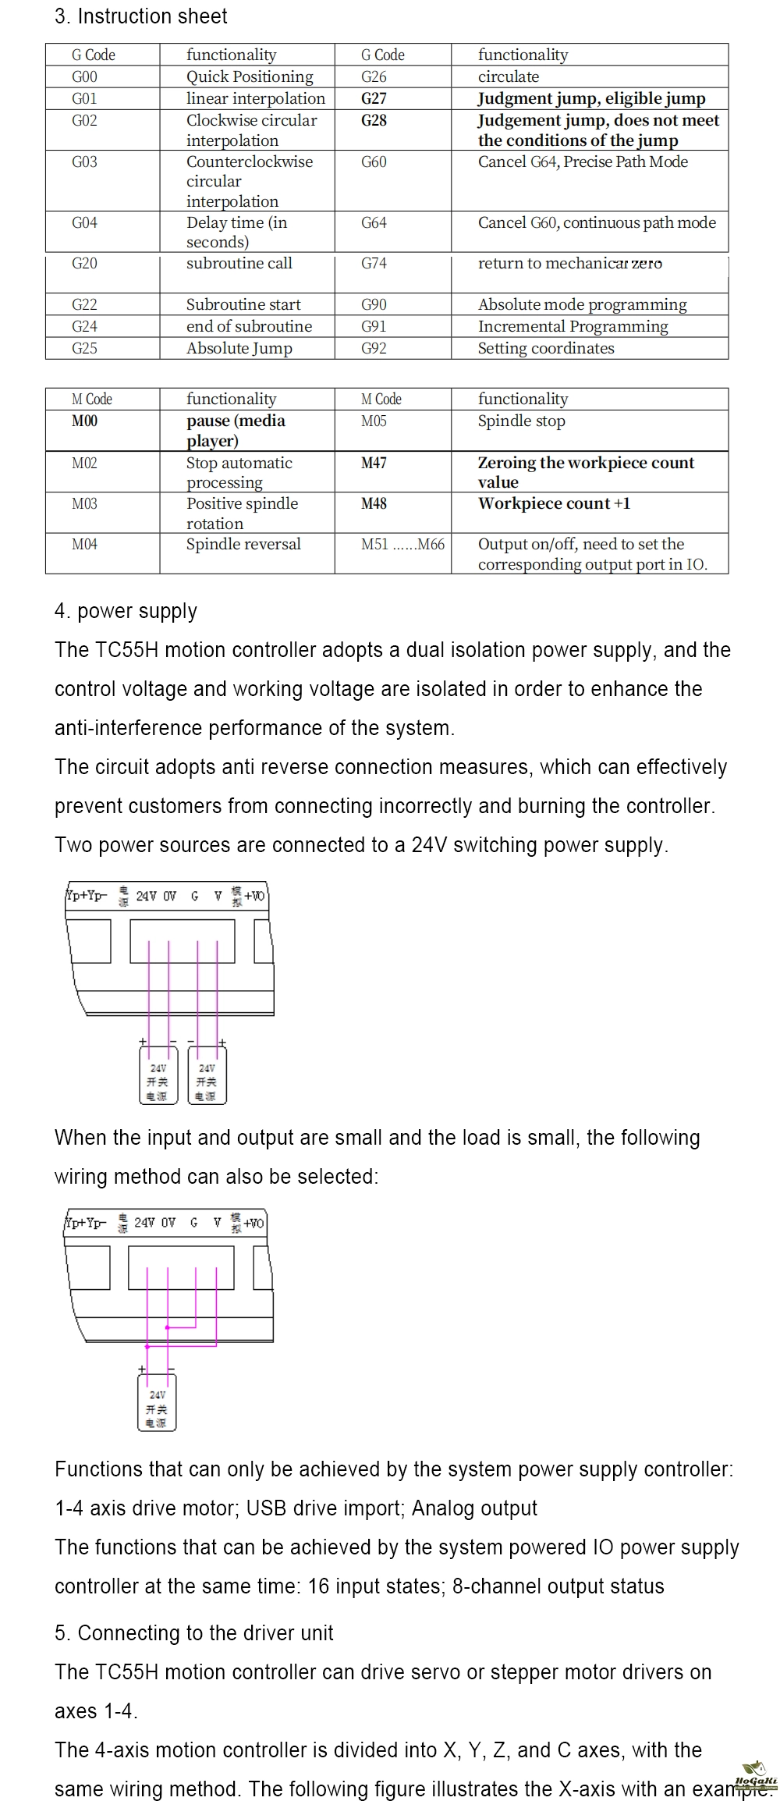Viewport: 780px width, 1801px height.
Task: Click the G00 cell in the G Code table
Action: pyautogui.click(x=84, y=76)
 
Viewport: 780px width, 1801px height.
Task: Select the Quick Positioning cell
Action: pyautogui.click(x=249, y=76)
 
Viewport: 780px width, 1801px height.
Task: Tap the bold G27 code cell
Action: pyautogui.click(x=374, y=98)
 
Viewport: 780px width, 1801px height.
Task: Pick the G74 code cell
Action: pyautogui.click(x=374, y=264)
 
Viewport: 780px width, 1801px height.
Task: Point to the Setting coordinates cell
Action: pyautogui.click(x=545, y=348)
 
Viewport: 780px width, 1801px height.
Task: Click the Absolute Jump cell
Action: pyautogui.click(x=239, y=348)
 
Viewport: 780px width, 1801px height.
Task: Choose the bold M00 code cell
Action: pyautogui.click(x=84, y=421)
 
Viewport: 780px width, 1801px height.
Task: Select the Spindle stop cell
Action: pyautogui.click(x=521, y=421)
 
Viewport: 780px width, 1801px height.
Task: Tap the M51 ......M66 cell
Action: pyautogui.click(x=402, y=545)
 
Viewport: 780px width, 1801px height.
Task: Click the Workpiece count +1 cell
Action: pyautogui.click(x=554, y=504)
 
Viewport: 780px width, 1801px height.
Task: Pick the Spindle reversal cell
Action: pyautogui.click(x=243, y=545)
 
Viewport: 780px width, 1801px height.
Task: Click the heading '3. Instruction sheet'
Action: pyautogui.click(x=140, y=16)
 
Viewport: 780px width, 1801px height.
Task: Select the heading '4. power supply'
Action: pyautogui.click(x=126, y=611)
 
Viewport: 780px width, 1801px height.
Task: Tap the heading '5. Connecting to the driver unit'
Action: pyautogui.click(x=193, y=1633)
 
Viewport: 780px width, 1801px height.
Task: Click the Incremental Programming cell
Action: pyautogui.click(x=573, y=326)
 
